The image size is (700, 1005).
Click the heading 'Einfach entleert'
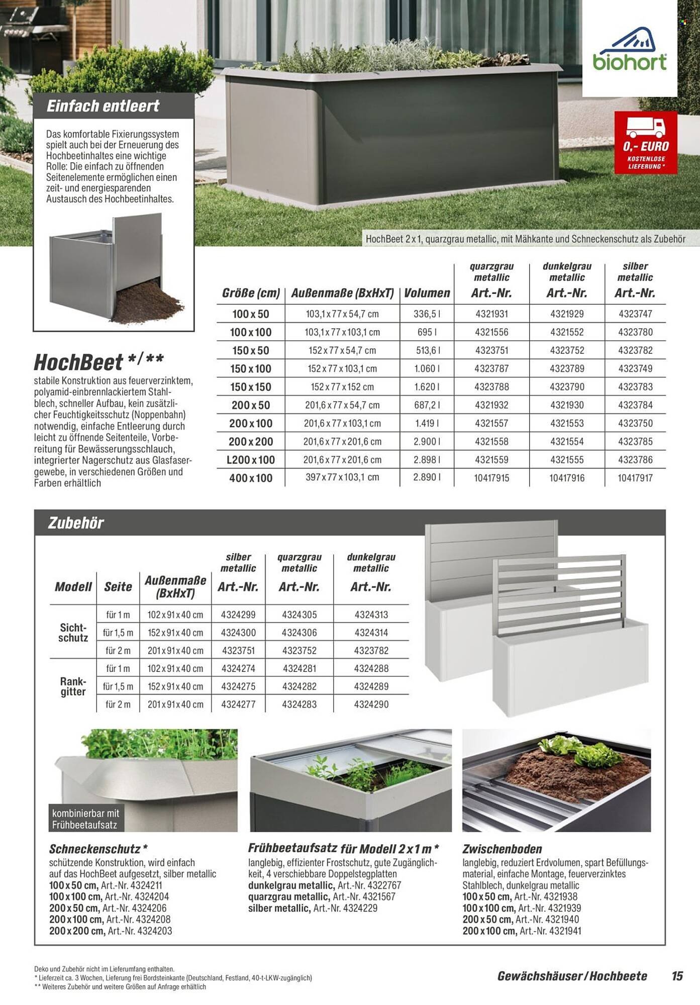point(103,106)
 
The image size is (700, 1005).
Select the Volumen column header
point(427,293)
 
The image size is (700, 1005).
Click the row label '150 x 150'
point(250,387)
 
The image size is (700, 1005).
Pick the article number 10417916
point(567,478)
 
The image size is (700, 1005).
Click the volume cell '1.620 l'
point(427,387)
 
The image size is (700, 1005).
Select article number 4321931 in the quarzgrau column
point(491,314)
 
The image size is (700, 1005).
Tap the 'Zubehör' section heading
point(76,523)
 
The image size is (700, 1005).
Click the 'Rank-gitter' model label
point(73,686)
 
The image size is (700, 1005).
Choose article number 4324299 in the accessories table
point(238,615)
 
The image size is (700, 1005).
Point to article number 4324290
point(371,705)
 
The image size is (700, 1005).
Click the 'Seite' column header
point(118,586)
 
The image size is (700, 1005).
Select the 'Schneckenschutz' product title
point(94,849)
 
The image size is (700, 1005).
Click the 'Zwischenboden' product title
point(502,849)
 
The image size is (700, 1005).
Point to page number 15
point(677,976)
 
